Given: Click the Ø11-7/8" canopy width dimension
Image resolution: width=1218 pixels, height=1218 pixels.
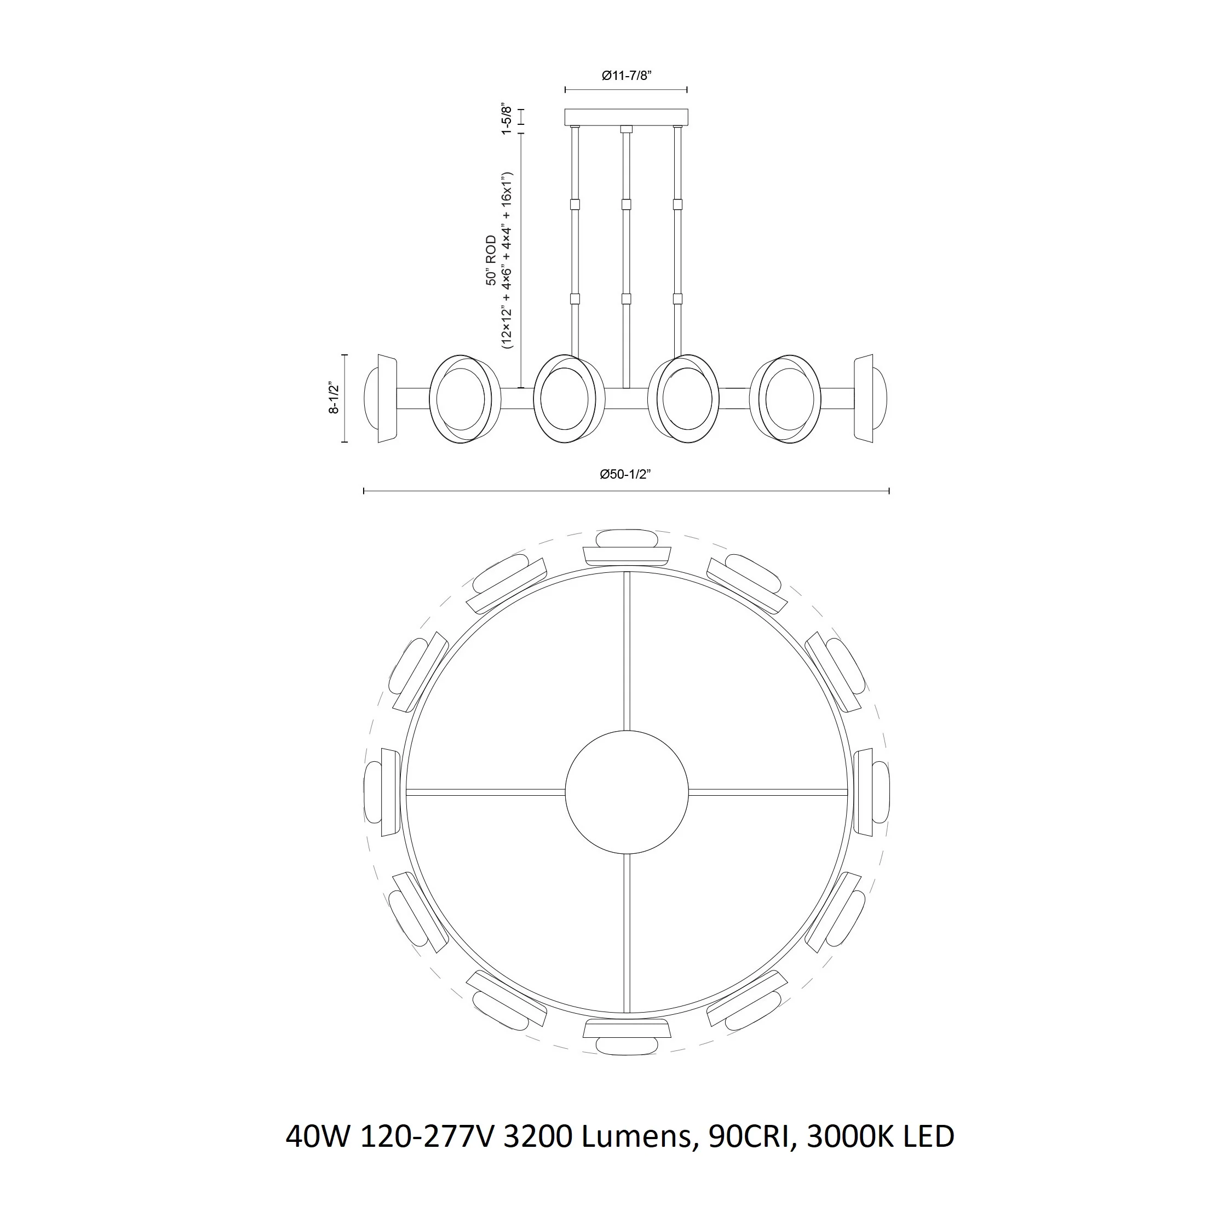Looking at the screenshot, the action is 626,76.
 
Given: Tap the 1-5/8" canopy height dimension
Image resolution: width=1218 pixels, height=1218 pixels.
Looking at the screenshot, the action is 505,118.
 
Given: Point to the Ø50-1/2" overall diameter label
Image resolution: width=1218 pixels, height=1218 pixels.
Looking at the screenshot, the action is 625,474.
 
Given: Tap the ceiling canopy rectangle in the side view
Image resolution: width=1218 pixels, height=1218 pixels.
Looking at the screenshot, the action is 626,117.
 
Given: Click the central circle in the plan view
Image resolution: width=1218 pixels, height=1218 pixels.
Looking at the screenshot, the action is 626,792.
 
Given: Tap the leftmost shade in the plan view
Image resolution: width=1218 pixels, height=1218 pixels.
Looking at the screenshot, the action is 381,792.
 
